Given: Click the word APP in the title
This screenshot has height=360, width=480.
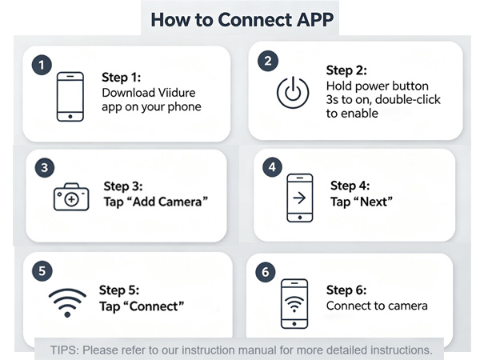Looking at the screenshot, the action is [315, 19].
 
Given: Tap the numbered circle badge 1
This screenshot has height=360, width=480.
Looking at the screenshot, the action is [42, 65].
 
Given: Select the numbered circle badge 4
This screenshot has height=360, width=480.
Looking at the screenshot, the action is [272, 167].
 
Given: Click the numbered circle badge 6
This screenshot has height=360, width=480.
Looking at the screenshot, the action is [266, 272].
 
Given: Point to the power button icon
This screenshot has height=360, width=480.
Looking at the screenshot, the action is [293, 92].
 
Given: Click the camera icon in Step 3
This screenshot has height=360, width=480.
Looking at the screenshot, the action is [71, 197].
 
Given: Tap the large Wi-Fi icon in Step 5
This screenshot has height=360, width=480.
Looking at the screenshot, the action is [67, 302].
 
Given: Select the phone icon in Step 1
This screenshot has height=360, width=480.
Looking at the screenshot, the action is [70, 97].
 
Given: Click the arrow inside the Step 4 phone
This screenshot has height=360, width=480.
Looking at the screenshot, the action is [299, 198].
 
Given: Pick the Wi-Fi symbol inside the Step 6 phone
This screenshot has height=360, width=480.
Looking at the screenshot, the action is [294, 304].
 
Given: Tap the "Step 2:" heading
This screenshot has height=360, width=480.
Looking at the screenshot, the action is [346, 70].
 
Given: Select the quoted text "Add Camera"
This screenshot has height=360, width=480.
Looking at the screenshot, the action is [156, 202].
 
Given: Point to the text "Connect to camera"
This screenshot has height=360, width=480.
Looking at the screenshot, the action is [377, 306].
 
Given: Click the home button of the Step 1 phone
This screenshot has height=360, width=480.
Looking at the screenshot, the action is [70, 117].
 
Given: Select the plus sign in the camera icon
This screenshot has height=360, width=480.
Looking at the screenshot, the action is [72, 199].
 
